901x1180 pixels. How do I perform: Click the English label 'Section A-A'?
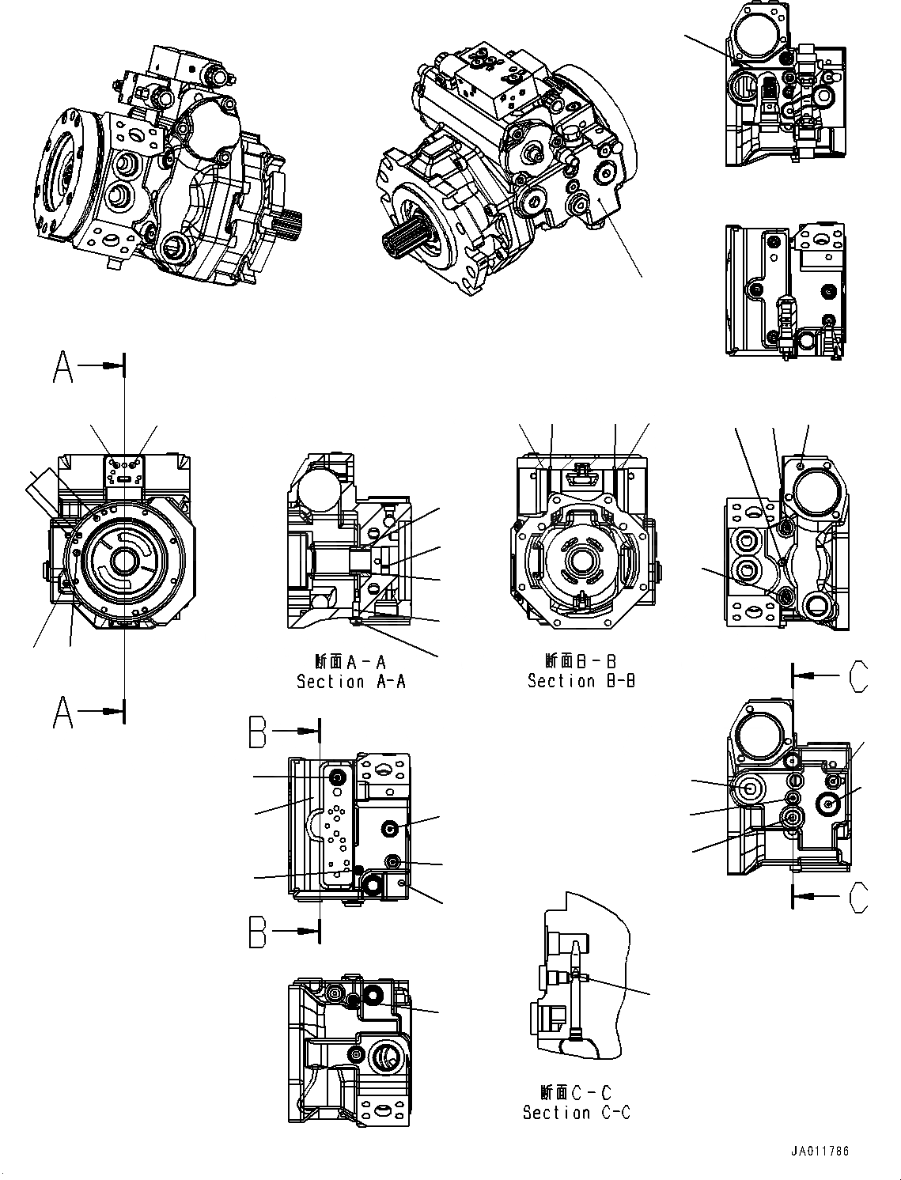pos(350,681)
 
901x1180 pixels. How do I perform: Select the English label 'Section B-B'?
pos(581,680)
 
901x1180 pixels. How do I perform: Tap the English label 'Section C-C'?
pos(576,1112)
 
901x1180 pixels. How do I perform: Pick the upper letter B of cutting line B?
pos(258,732)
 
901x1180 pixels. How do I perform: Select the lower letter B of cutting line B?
pos(258,932)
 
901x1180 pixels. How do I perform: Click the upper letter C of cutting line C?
pos(857,676)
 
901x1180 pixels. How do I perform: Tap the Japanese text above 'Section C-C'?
pos(576,1092)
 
